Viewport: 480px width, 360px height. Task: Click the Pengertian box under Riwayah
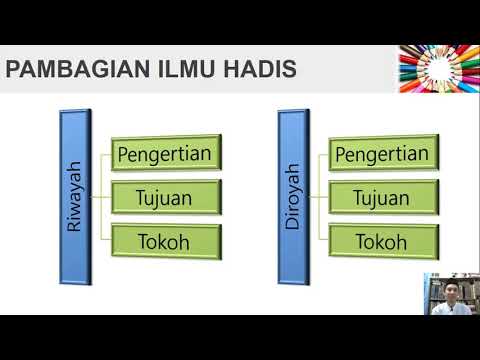(x=164, y=154)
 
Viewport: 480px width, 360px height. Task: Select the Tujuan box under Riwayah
(x=164, y=197)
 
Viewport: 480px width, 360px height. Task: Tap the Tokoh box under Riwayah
(x=164, y=240)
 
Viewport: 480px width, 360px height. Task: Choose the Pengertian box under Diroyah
(x=382, y=154)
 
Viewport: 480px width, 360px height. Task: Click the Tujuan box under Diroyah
(x=382, y=197)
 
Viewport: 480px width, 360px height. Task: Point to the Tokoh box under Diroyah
(x=382, y=240)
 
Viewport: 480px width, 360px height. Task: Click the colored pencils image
(x=438, y=68)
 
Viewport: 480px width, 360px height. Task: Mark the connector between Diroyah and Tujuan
(x=318, y=197)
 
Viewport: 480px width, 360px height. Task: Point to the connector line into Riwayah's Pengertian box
(x=107, y=154)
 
